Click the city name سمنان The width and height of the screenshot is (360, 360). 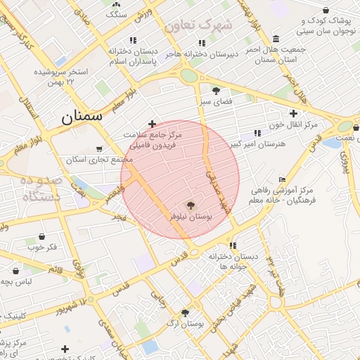(x=83, y=117)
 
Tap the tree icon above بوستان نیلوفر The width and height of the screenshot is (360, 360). (x=191, y=205)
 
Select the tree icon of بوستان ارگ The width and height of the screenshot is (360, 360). (x=185, y=313)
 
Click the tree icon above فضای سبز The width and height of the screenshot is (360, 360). (x=216, y=90)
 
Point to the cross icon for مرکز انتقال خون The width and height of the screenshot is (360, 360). (x=293, y=113)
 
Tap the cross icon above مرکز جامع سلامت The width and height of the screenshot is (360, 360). (x=152, y=124)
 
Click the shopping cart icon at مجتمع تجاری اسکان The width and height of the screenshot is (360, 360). (x=99, y=149)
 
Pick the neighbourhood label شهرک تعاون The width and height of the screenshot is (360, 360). (x=198, y=26)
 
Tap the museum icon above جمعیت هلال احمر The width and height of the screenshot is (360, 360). (x=275, y=39)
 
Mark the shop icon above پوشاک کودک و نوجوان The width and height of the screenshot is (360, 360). (x=326, y=10)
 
